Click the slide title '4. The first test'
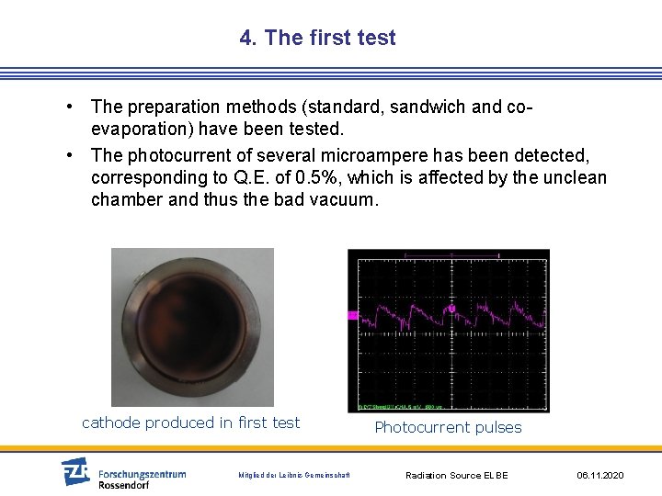click(317, 38)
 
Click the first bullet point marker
click(71, 107)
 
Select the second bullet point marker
click(71, 155)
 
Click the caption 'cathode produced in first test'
click(191, 423)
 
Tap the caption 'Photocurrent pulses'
click(448, 427)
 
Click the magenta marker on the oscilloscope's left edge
click(352, 315)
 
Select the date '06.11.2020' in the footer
click(600, 475)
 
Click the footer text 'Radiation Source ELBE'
click(457, 475)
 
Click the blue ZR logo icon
click(75, 471)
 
